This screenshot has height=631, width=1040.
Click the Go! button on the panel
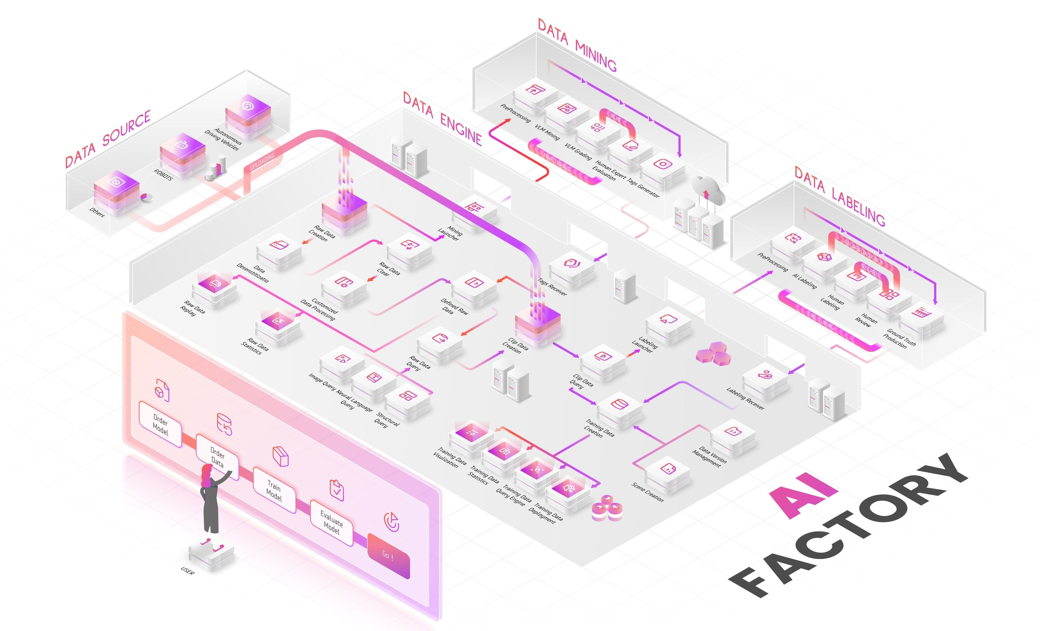[x=388, y=555]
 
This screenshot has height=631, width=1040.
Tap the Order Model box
[x=160, y=424]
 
